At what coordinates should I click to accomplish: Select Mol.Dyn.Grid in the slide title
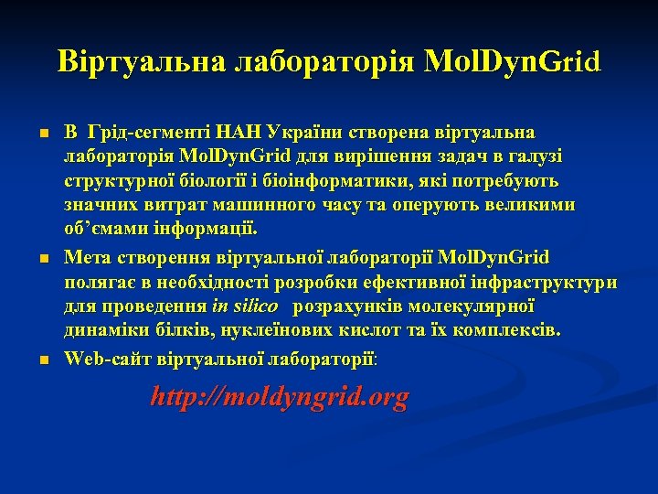(x=512, y=61)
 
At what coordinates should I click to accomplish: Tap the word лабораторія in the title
(x=328, y=61)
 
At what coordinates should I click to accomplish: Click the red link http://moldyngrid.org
(x=280, y=397)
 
